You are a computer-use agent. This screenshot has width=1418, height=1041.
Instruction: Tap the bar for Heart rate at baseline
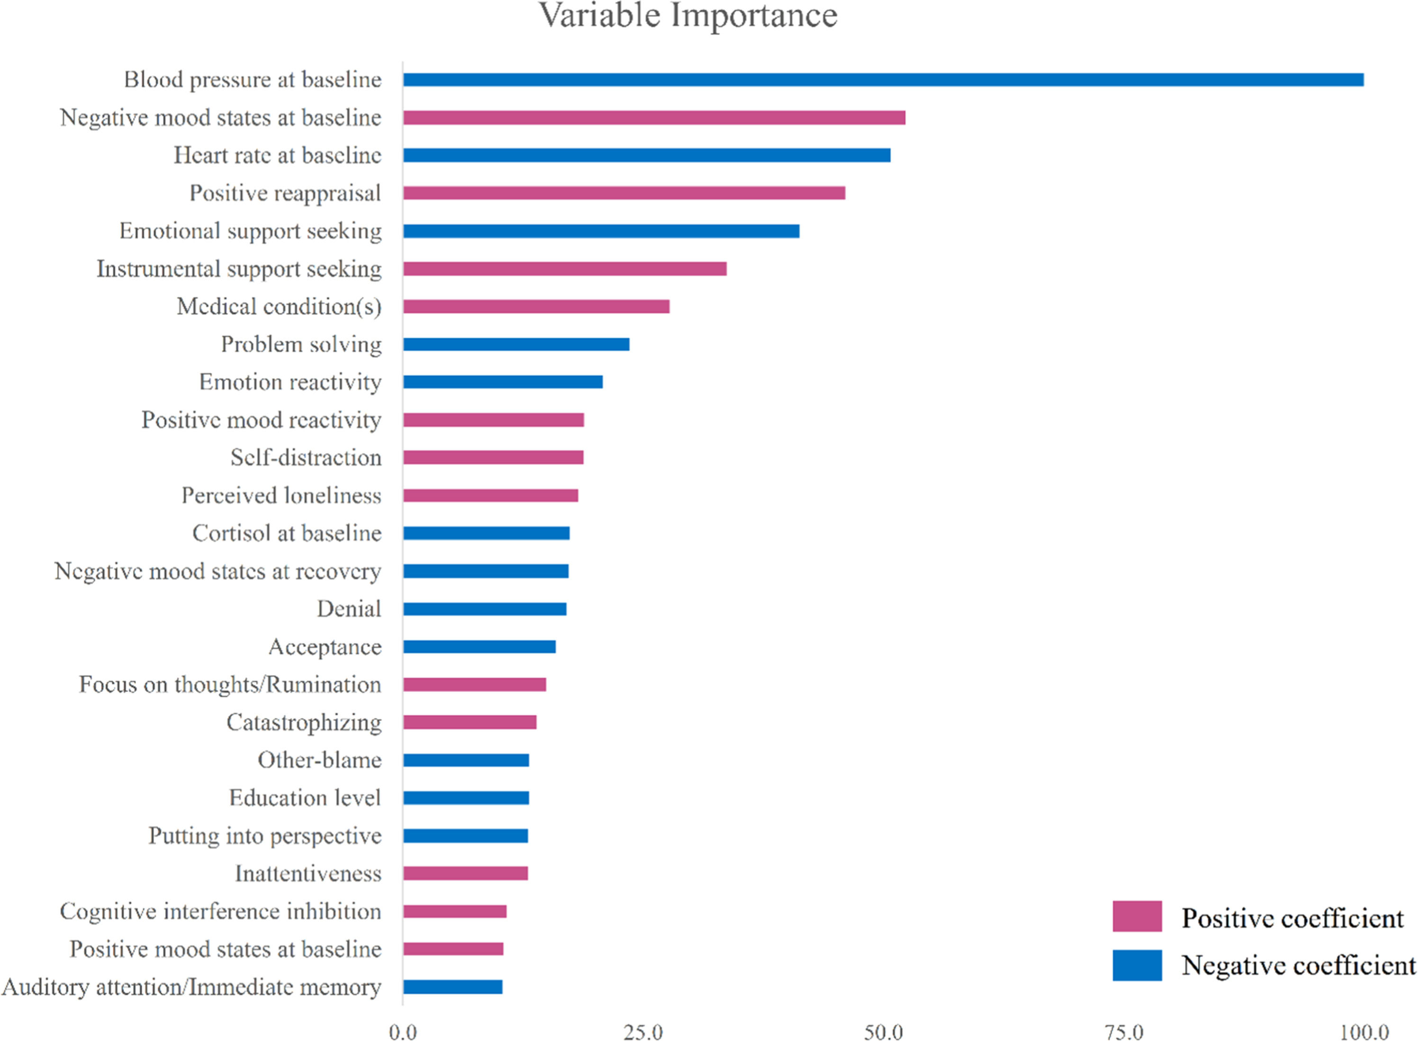tap(647, 155)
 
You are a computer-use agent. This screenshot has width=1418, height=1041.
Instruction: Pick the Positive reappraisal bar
tap(624, 193)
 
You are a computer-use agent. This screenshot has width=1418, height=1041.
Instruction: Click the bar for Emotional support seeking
tap(601, 231)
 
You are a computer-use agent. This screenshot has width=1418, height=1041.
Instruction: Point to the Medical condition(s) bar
tap(536, 306)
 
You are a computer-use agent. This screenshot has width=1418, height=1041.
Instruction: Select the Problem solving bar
tap(516, 344)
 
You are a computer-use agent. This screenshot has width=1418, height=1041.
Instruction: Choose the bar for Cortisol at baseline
tap(487, 533)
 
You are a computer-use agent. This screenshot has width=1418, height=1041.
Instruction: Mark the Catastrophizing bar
tap(470, 722)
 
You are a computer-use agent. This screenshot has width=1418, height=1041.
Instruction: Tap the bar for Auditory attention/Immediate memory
tap(453, 987)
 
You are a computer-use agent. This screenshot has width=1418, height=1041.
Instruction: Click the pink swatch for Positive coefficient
tap(1137, 916)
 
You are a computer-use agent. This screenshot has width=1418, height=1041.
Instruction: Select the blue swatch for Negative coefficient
tap(1137, 965)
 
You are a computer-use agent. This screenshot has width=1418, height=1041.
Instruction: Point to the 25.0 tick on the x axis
tap(643, 1032)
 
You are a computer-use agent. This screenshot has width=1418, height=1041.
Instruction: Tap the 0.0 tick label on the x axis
tap(403, 1032)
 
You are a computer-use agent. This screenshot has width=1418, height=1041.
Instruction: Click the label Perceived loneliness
tap(281, 495)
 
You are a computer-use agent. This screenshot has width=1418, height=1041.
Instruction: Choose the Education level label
tap(306, 798)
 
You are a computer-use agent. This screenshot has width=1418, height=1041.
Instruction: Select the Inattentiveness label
tap(308, 873)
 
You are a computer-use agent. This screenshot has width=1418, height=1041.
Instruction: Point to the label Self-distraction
tap(306, 457)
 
